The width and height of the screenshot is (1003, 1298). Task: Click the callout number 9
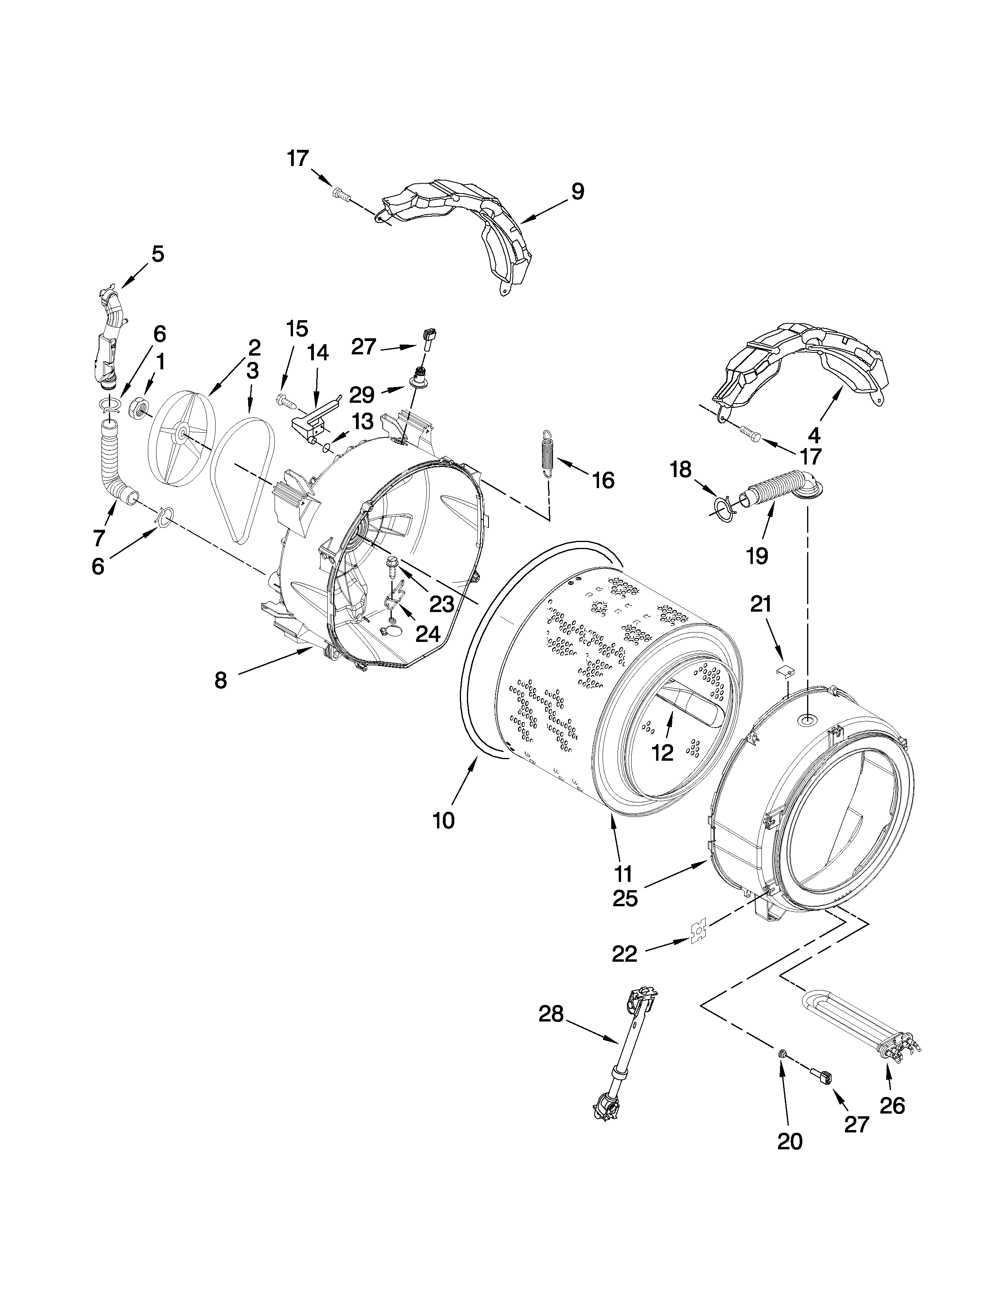point(577,192)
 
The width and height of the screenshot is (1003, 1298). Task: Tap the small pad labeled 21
point(785,670)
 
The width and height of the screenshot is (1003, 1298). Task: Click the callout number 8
point(220,680)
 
